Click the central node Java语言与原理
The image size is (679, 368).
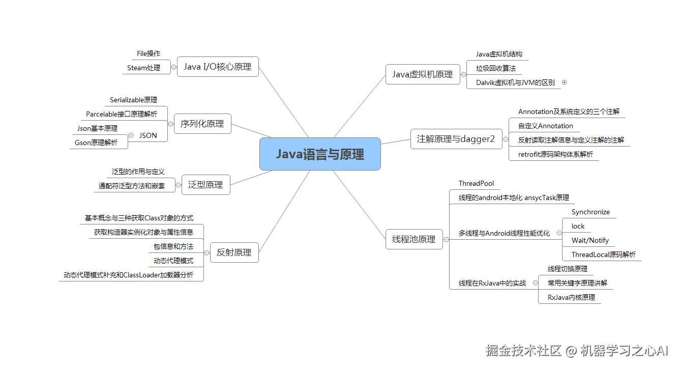(x=320, y=154)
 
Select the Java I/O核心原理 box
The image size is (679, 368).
(x=218, y=67)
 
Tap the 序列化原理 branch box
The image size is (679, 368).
(x=202, y=124)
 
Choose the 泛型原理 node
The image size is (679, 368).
(x=205, y=185)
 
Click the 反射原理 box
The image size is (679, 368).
(x=234, y=252)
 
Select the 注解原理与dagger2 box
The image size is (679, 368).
(x=456, y=139)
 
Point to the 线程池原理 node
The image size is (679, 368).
(x=414, y=239)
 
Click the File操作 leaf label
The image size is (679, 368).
(x=149, y=53)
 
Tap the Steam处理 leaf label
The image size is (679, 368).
(x=143, y=68)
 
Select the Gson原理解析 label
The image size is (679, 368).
(x=96, y=143)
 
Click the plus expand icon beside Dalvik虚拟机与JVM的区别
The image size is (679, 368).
(x=564, y=82)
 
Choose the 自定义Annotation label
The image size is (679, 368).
(x=546, y=126)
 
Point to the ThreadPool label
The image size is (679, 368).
(x=476, y=183)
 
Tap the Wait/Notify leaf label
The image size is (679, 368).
(x=590, y=240)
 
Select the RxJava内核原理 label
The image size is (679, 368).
(x=571, y=297)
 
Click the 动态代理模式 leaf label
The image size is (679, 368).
(x=173, y=261)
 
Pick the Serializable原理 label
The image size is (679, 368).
(x=133, y=100)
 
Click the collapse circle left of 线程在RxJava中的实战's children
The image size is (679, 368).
(x=535, y=283)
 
